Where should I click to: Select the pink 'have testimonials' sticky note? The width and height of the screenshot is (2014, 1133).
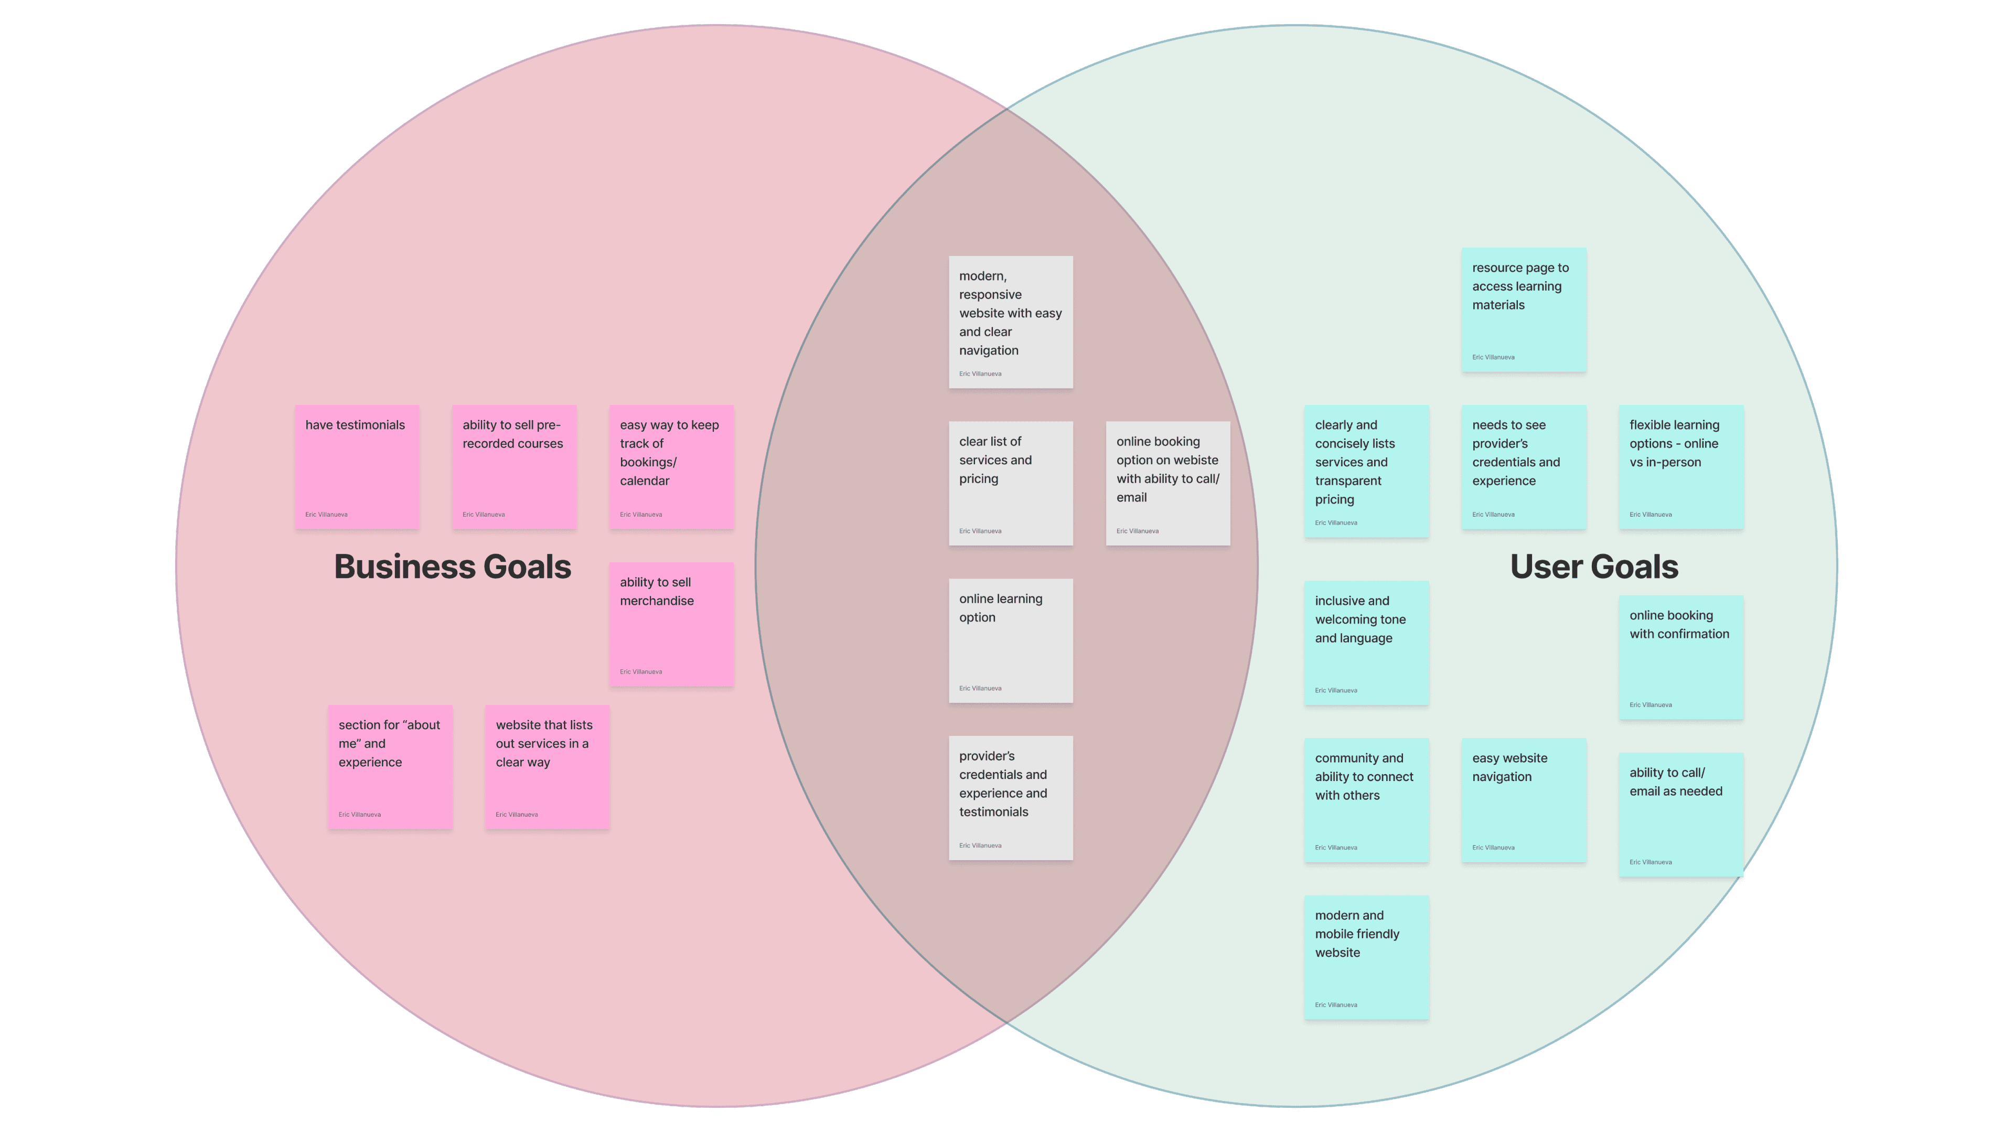coord(357,467)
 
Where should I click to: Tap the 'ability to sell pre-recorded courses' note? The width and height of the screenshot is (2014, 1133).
coord(513,467)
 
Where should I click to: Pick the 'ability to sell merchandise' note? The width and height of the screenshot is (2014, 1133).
coord(671,624)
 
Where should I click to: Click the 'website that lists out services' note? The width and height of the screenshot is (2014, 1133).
coord(547,766)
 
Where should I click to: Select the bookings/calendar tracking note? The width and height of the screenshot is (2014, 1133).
coord(671,467)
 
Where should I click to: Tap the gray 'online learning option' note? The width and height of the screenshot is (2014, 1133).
coord(1010,640)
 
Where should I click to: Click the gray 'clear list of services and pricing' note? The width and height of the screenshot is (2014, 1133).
coord(1010,483)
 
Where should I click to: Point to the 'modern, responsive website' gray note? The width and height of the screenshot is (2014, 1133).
coord(1010,322)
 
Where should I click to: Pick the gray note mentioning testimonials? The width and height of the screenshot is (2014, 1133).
coord(1010,797)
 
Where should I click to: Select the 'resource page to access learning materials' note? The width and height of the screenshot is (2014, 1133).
coord(1523,309)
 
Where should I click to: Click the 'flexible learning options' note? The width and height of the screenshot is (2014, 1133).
coord(1680,467)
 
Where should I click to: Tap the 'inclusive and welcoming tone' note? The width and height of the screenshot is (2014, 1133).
coord(1366,643)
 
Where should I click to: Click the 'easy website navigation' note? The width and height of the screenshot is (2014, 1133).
coord(1523,800)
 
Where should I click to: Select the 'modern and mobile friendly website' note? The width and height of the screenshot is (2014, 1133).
coord(1366,957)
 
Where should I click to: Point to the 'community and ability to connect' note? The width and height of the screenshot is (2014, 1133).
coord(1366,800)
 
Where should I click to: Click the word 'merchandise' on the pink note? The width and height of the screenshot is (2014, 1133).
coord(657,601)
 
